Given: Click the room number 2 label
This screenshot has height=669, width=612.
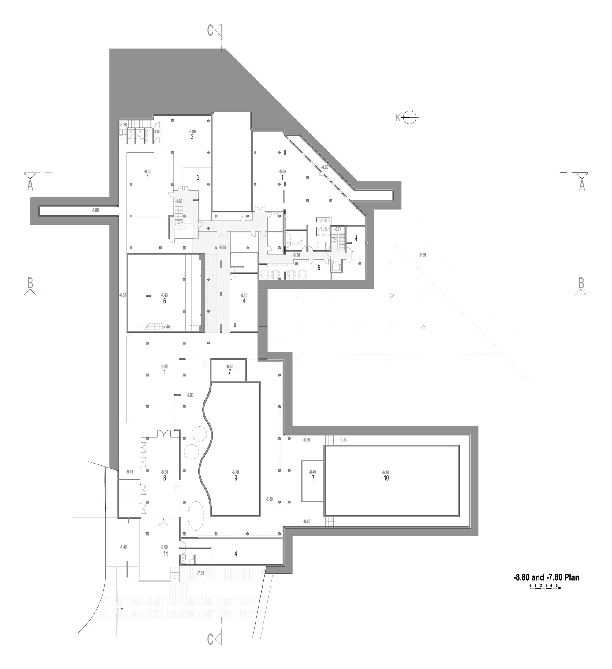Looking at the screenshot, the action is pyautogui.click(x=192, y=137).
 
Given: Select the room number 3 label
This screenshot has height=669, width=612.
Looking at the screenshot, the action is pyautogui.click(x=198, y=177).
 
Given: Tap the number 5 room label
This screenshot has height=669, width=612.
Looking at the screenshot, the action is pyautogui.click(x=319, y=268).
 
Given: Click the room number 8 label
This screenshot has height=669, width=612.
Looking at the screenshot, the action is pyautogui.click(x=164, y=478).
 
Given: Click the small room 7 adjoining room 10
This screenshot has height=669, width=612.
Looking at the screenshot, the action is pyautogui.click(x=312, y=480).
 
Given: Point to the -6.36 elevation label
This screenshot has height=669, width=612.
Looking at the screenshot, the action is pyautogui.click(x=123, y=125).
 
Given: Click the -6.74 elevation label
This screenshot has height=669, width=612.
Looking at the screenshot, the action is pyautogui.click(x=338, y=229).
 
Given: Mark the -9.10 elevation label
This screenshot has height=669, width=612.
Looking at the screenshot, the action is pyautogui.click(x=129, y=472).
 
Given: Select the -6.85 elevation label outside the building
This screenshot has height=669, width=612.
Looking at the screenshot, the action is pyautogui.click(x=422, y=255).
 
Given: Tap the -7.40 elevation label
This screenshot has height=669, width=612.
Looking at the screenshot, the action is pyautogui.click(x=123, y=547).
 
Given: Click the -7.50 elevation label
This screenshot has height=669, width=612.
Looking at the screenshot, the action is pyautogui.click(x=200, y=573).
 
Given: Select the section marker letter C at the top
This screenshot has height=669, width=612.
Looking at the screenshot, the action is pyautogui.click(x=210, y=31).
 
